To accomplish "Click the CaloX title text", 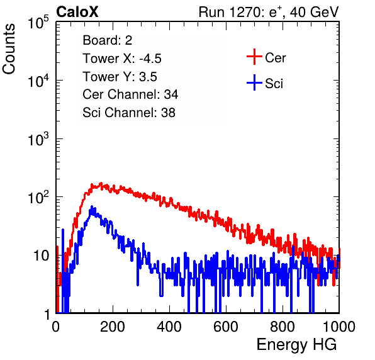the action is pyautogui.click(x=77, y=12).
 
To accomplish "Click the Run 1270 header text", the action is pyautogui.click(x=269, y=12).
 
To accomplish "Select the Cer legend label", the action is pyautogui.click(x=275, y=58).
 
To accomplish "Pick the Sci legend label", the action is pyautogui.click(x=274, y=84).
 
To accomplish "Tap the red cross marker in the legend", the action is pyautogui.click(x=254, y=57).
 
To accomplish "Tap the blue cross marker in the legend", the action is pyautogui.click(x=254, y=82).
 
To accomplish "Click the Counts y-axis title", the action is pyautogui.click(x=9, y=49).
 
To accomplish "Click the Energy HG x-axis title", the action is pyautogui.click(x=296, y=345).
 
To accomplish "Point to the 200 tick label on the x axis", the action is pyautogui.click(x=113, y=327).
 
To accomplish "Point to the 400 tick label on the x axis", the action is pyautogui.click(x=169, y=327).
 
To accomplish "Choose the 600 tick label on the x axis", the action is pyautogui.click(x=226, y=327).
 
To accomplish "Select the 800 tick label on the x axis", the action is pyautogui.click(x=283, y=327).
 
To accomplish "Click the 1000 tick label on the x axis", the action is pyautogui.click(x=339, y=327).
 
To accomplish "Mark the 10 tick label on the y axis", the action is pyautogui.click(x=42, y=256).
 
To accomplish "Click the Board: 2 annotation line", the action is pyautogui.click(x=108, y=40).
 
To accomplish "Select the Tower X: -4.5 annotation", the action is pyautogui.click(x=122, y=59).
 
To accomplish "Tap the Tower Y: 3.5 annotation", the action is pyautogui.click(x=120, y=77).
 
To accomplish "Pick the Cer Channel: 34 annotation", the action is pyautogui.click(x=130, y=94).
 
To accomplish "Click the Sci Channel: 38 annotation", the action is pyautogui.click(x=129, y=113).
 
